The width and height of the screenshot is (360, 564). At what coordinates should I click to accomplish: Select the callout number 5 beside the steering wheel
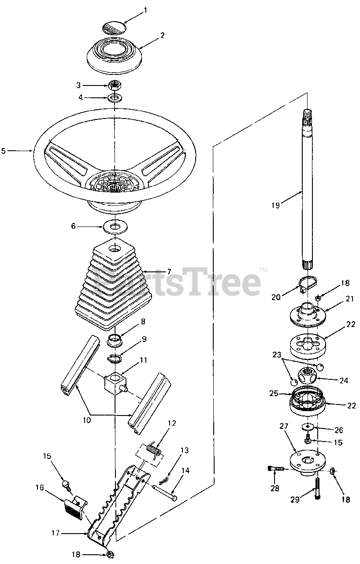click(x=4, y=151)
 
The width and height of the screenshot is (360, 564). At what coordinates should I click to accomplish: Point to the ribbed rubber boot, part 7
click(x=114, y=286)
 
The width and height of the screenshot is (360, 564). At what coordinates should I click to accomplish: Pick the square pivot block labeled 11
click(x=115, y=382)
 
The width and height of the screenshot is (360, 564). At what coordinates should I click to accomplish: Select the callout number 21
click(x=349, y=299)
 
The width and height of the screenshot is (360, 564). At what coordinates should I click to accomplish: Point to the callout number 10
click(x=86, y=420)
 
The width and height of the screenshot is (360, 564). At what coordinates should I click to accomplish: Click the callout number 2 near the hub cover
click(x=162, y=35)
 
